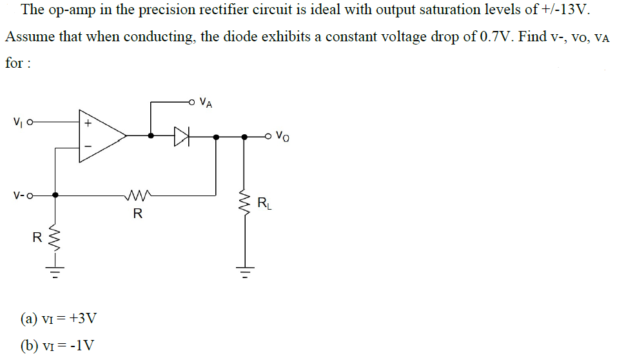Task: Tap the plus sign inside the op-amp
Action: pos(88,121)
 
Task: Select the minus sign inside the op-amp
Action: pos(88,151)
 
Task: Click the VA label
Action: pos(206,101)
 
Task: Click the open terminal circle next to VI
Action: pos(29,121)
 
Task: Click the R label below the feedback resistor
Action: pos(137,214)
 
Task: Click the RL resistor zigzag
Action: pos(244,206)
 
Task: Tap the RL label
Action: pos(264,205)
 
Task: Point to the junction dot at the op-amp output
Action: pos(150,136)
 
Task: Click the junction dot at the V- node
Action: pos(55,194)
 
